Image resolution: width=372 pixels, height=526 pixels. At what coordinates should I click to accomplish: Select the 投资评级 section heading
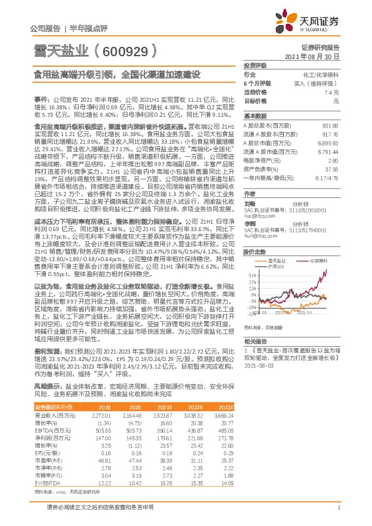pyautogui.click(x=255, y=65)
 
